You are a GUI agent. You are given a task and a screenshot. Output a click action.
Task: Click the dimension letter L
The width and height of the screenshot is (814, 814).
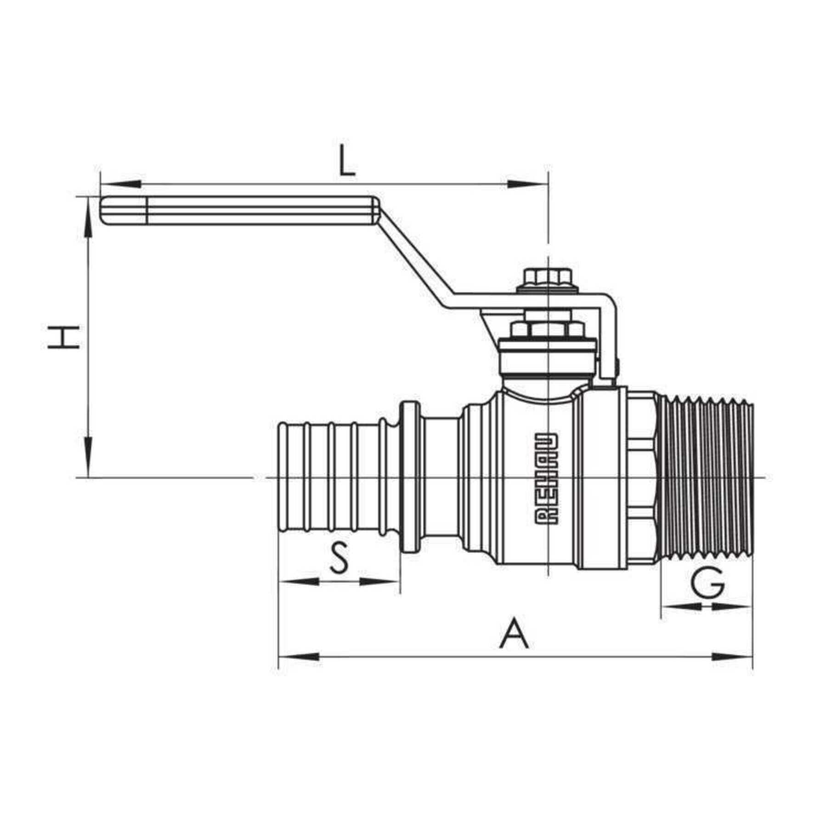point(347,161)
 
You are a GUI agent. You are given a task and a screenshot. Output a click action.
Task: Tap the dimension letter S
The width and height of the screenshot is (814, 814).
point(339,557)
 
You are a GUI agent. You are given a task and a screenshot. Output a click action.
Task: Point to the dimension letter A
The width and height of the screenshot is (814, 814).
point(514,634)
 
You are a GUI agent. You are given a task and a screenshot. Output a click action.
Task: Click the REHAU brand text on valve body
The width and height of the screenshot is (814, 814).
point(547,478)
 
